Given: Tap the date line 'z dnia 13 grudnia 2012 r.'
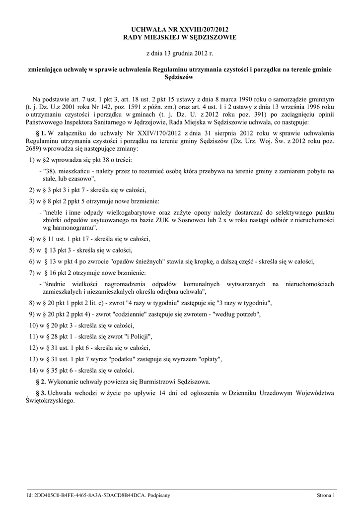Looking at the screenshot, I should pyautogui.click(x=180, y=53).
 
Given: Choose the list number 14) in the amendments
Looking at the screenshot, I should pyautogui.click(x=34, y=370).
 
